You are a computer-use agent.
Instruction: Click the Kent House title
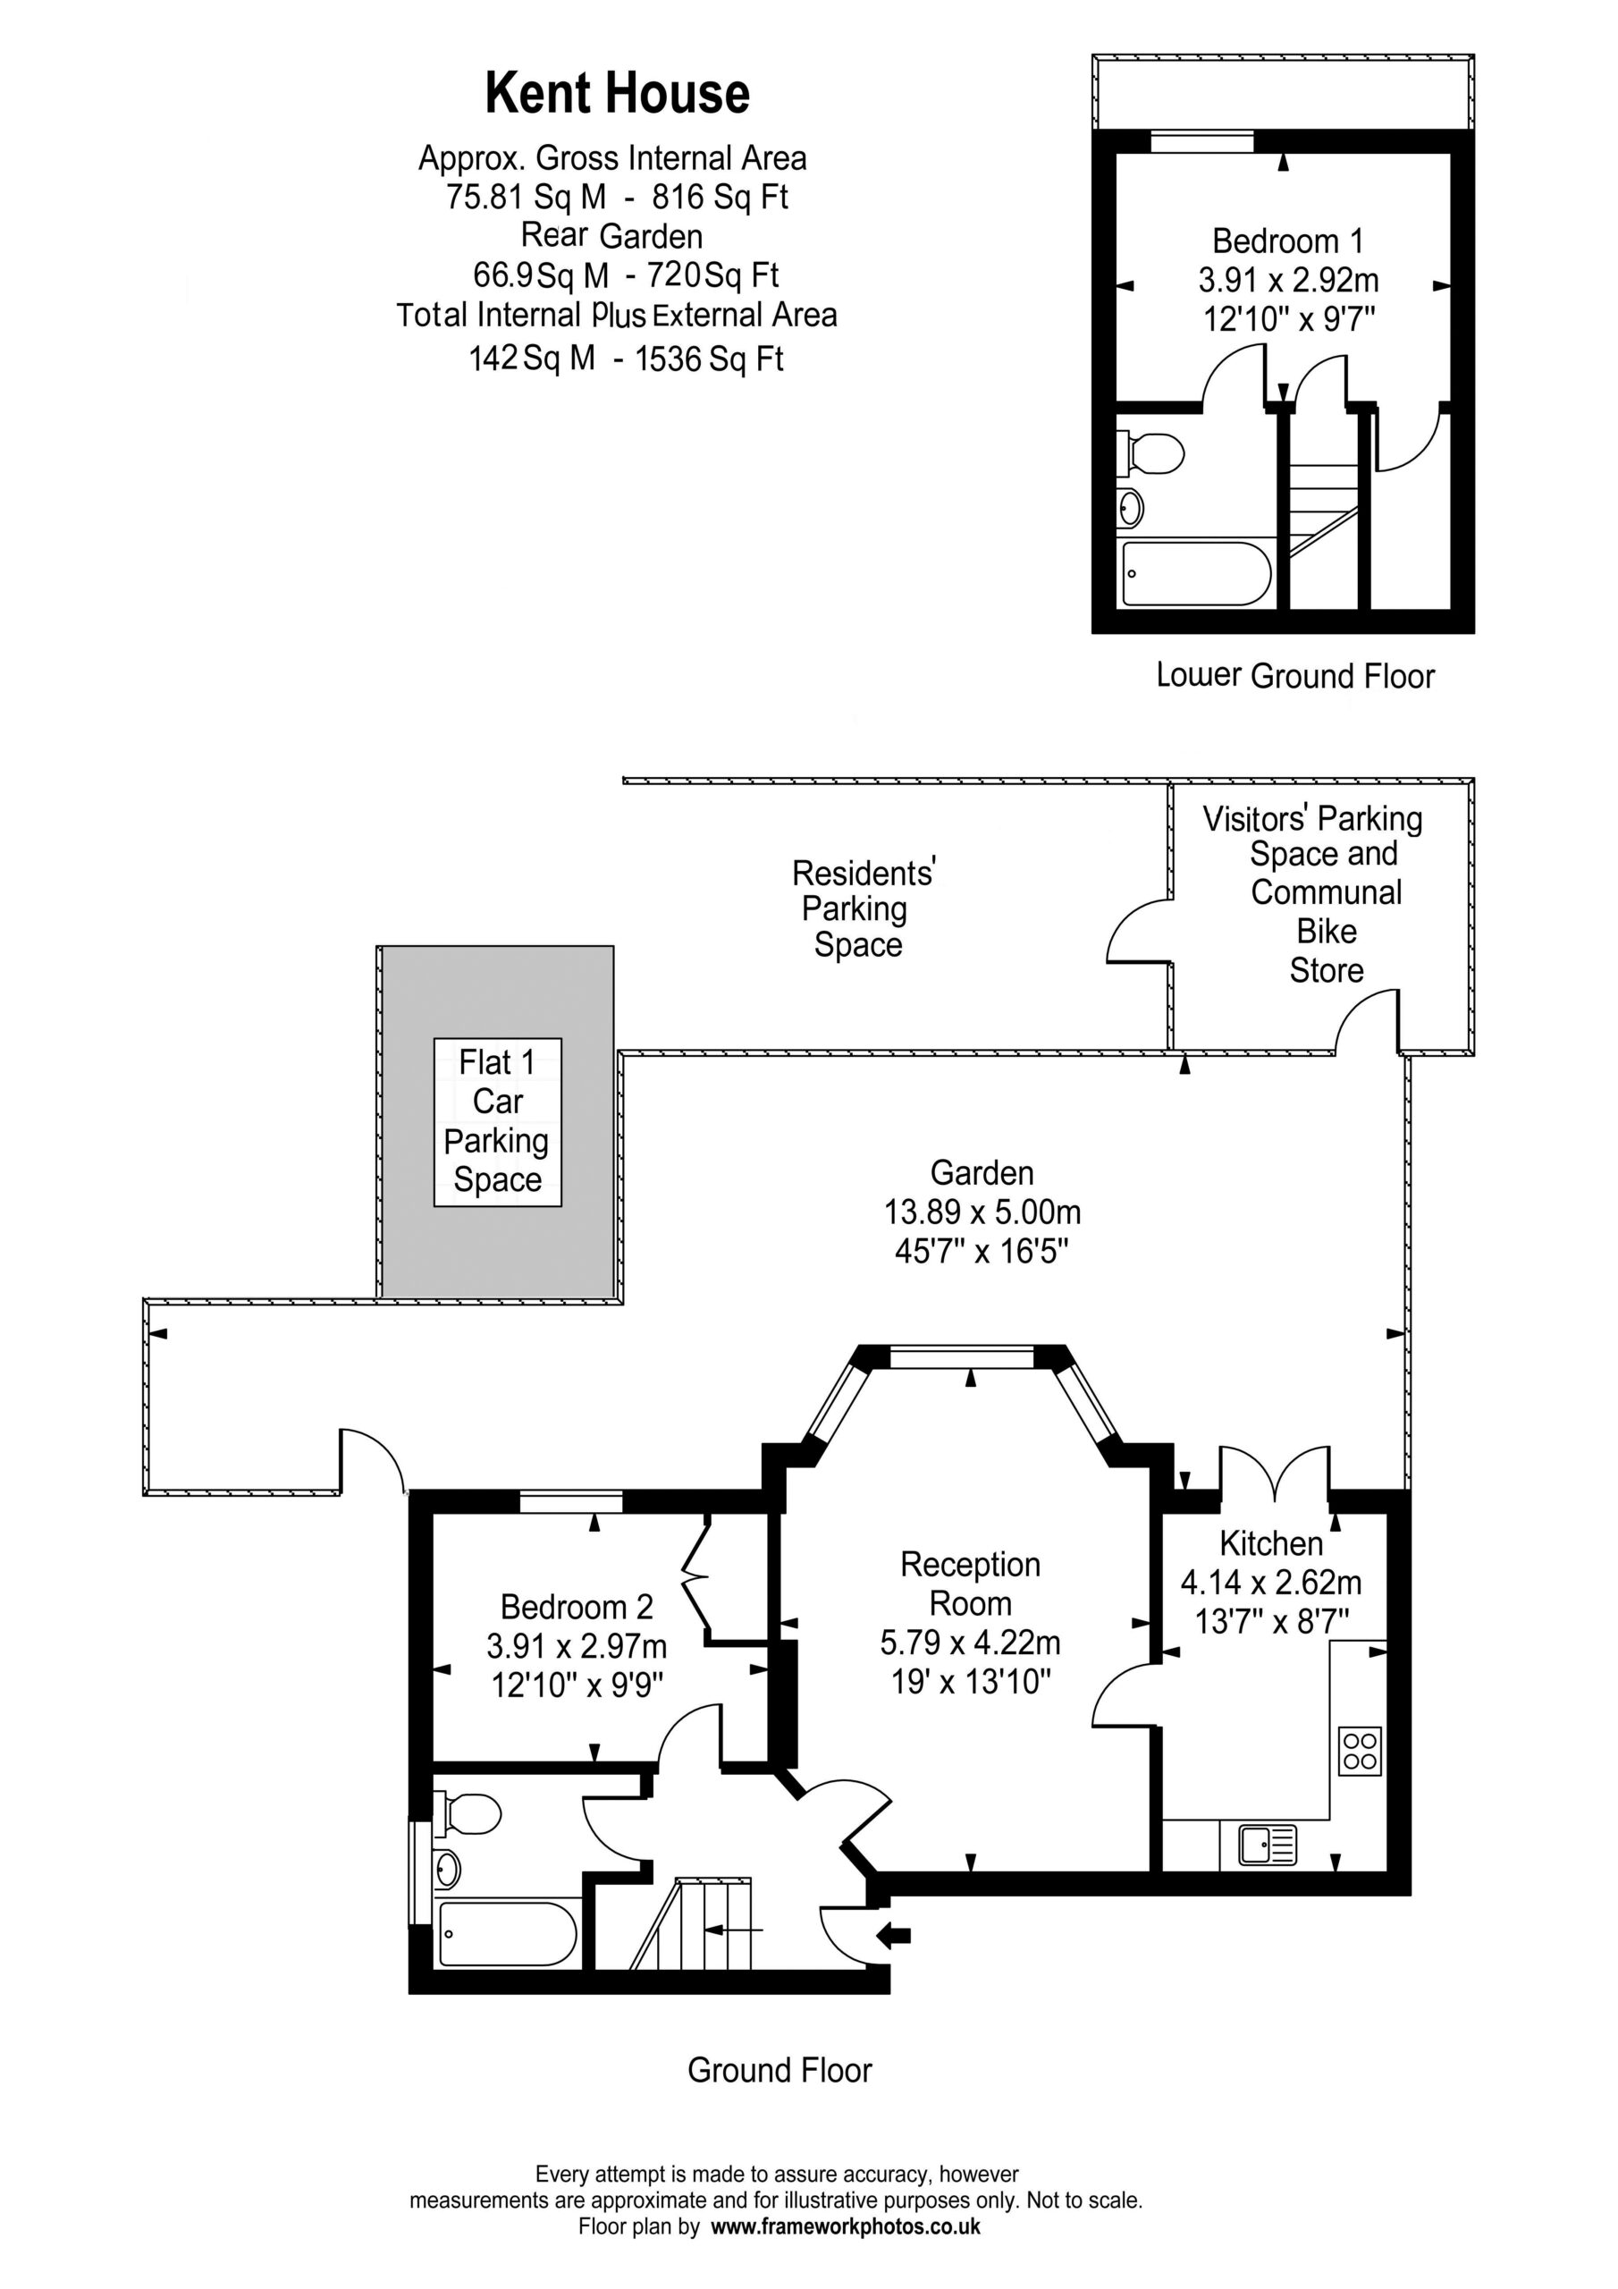[x=617, y=94]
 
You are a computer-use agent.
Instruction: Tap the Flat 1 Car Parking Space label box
[x=497, y=1121]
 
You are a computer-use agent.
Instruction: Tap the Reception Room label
[x=970, y=1584]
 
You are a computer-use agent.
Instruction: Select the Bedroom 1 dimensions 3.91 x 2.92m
[x=1288, y=280]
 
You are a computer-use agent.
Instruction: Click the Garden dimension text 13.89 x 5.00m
[x=982, y=1212]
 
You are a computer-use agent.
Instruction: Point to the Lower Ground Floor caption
[x=1295, y=675]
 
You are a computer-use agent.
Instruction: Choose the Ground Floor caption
[x=780, y=2070]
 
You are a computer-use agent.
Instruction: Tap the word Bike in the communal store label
[x=1326, y=931]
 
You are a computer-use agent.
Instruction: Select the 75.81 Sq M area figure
[x=526, y=197]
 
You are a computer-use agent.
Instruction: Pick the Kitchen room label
[x=1271, y=1542]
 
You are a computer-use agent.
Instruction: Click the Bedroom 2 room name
[x=577, y=1606]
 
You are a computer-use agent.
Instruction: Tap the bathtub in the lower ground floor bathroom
[x=1196, y=573]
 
